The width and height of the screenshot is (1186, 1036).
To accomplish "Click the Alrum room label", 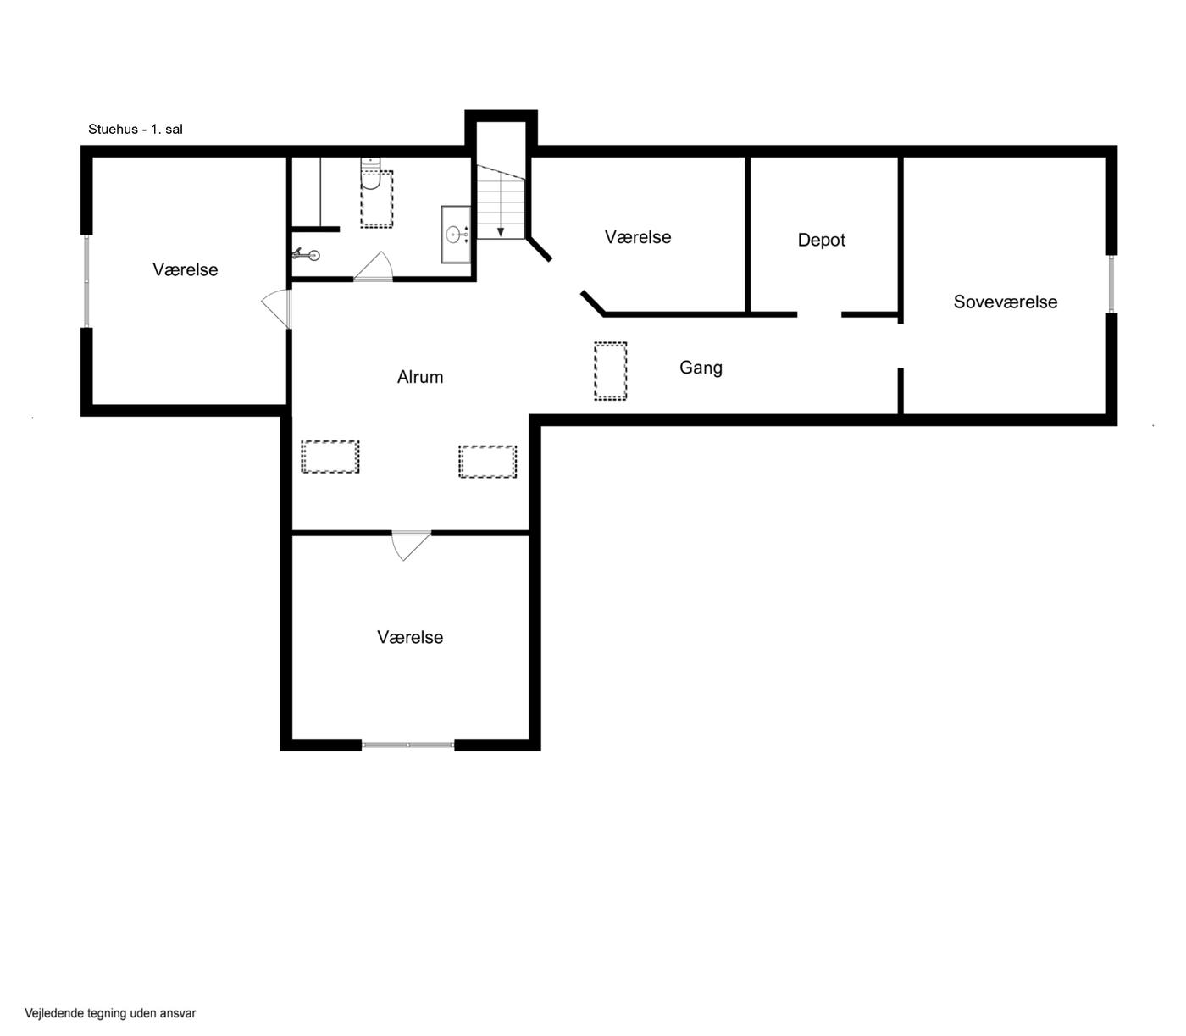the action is coord(419,377).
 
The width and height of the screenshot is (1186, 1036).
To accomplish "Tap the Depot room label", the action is coord(821,240).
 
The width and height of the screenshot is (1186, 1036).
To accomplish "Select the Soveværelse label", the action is coord(1006,302).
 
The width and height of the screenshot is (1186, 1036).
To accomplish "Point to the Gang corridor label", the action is coord(701,368).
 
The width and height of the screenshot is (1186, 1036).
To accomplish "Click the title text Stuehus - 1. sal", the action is coord(135,130).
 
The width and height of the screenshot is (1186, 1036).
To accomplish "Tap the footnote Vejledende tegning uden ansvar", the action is coord(110,1013).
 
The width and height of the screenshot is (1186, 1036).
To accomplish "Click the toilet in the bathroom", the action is coord(370,173).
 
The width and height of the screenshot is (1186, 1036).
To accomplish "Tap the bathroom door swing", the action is coord(374,267).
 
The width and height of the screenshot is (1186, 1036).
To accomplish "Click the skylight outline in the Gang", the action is coord(611,371).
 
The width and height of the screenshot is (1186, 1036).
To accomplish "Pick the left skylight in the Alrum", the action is coord(330,457).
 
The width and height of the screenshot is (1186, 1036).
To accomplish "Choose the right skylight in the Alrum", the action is coord(487,462).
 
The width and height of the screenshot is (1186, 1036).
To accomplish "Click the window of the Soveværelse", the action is coord(1111,284).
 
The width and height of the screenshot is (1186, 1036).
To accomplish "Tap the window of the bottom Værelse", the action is coord(408,745).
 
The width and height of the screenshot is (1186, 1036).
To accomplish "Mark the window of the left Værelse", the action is coord(86,281).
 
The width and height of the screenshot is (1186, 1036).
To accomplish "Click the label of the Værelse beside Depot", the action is coord(638,237).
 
